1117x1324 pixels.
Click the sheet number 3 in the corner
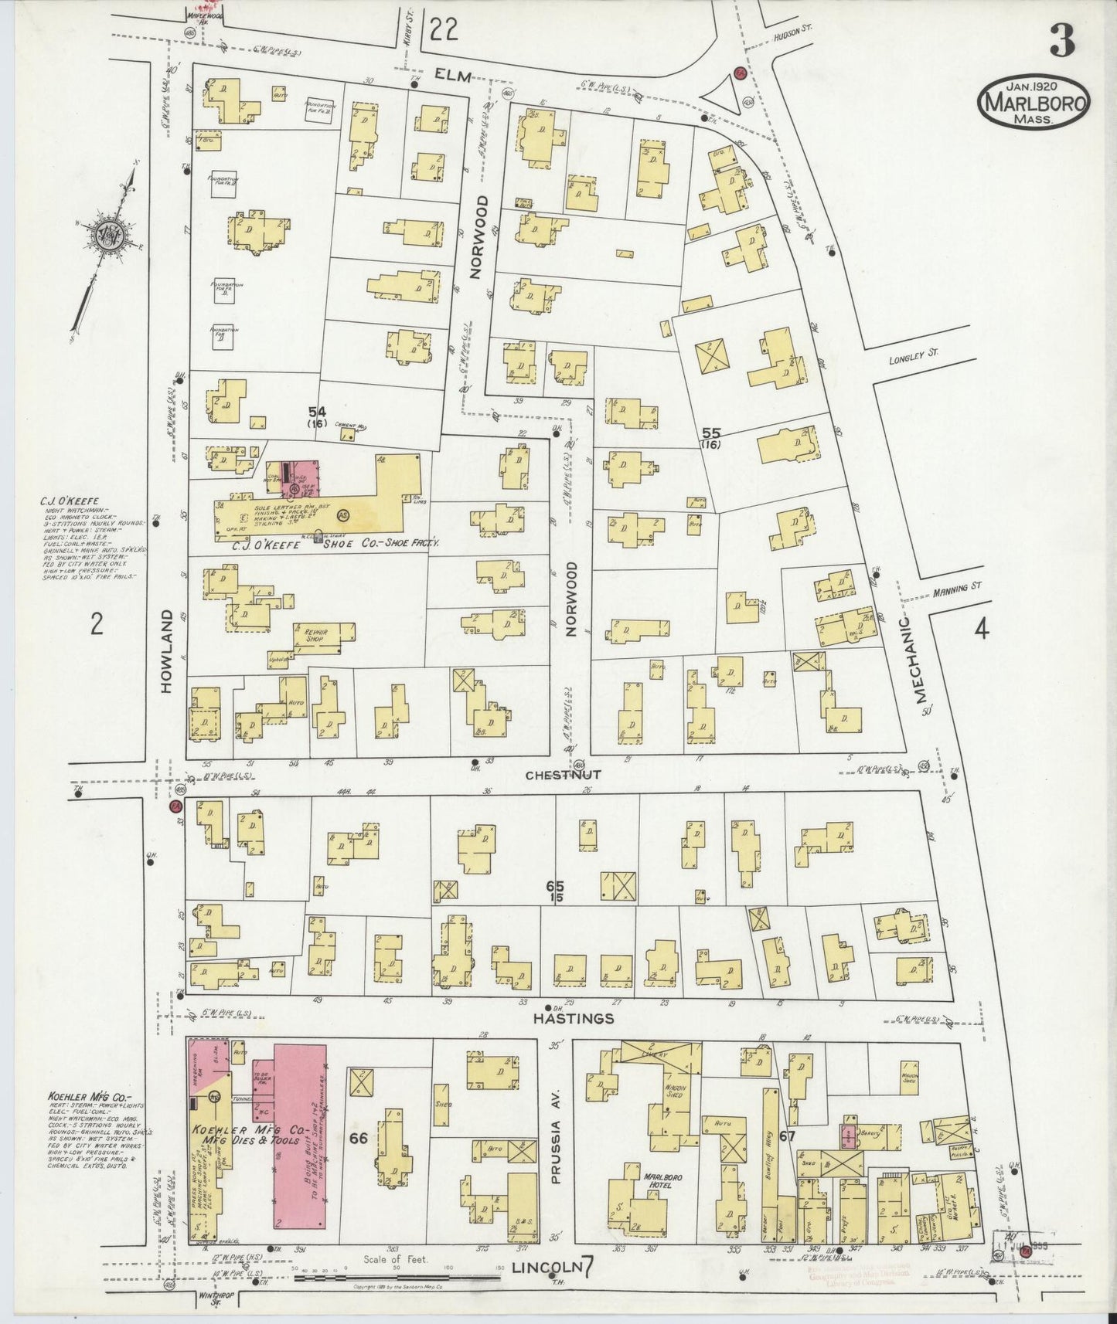click(1061, 42)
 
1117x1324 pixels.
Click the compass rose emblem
click(103, 233)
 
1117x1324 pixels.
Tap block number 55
click(710, 434)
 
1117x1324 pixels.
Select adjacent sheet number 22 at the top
click(445, 30)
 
